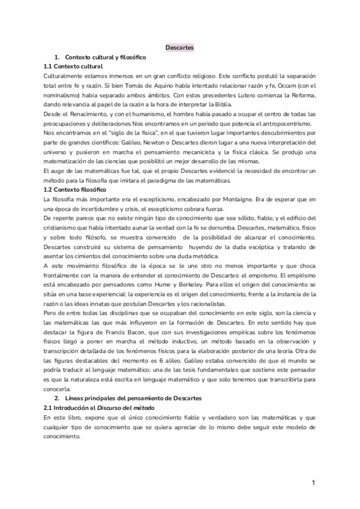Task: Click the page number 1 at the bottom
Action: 313,483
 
